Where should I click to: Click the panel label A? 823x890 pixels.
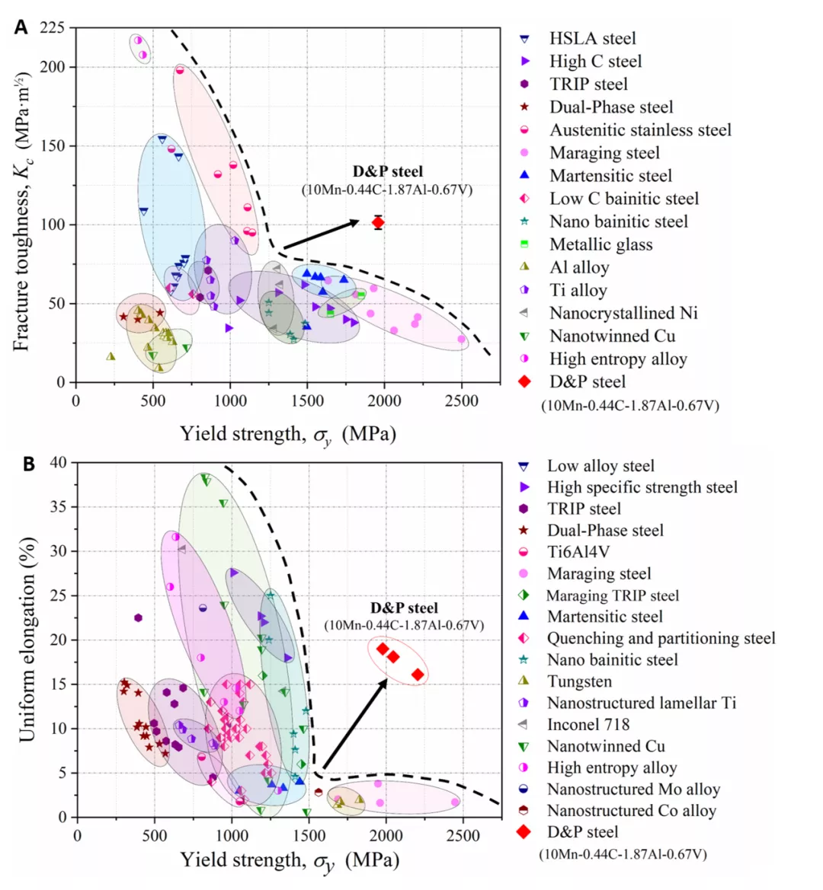(x=21, y=27)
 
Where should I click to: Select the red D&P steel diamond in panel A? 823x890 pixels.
(x=378, y=222)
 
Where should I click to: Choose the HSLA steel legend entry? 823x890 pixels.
(x=592, y=39)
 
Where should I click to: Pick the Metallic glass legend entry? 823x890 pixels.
(x=600, y=244)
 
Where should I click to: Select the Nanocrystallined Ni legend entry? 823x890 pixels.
(x=623, y=313)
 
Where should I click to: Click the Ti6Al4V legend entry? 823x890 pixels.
(x=578, y=552)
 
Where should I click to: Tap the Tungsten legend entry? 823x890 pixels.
(x=579, y=681)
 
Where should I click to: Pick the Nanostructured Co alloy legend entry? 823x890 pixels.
(x=631, y=811)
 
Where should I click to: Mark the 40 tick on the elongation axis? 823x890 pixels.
(x=59, y=462)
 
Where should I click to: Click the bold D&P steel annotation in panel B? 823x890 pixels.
(x=404, y=608)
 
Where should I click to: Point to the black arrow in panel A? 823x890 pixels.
(x=320, y=234)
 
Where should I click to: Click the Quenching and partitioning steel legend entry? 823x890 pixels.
(x=661, y=638)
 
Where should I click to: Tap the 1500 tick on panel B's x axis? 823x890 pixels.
(x=309, y=834)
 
